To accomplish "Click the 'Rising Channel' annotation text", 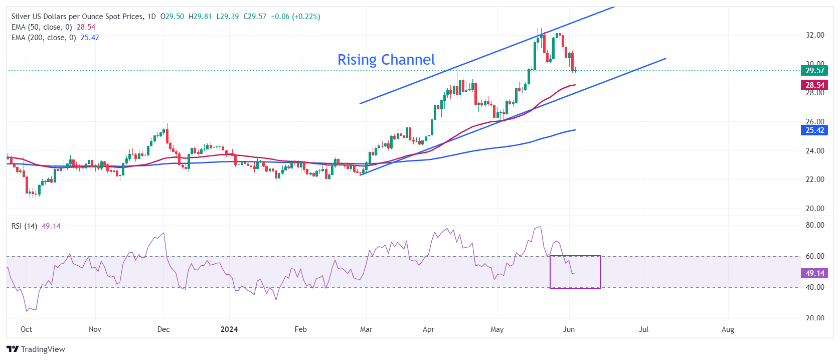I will click(386, 60).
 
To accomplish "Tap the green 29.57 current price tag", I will click(814, 71).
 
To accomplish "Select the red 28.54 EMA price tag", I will click(814, 85).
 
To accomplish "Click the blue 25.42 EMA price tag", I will click(814, 130).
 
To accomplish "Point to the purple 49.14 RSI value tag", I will click(814, 273).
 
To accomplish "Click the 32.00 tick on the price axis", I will click(814, 35).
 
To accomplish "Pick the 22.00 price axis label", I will click(814, 179).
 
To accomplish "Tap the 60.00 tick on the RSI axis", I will click(814, 256).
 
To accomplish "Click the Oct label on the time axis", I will click(26, 329).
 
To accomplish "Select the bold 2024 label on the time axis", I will click(229, 329).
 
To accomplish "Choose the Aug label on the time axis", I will click(728, 329).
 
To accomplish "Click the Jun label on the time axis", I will click(569, 329).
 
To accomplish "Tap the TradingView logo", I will click(36, 349).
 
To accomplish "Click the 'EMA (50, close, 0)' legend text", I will click(42, 27).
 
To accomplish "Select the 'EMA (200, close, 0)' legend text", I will click(44, 38).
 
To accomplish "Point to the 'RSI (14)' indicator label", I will click(24, 226).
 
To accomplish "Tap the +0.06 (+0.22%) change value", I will click(295, 17).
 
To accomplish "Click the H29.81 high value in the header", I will click(200, 17).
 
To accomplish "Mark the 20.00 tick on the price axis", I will click(814, 209).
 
